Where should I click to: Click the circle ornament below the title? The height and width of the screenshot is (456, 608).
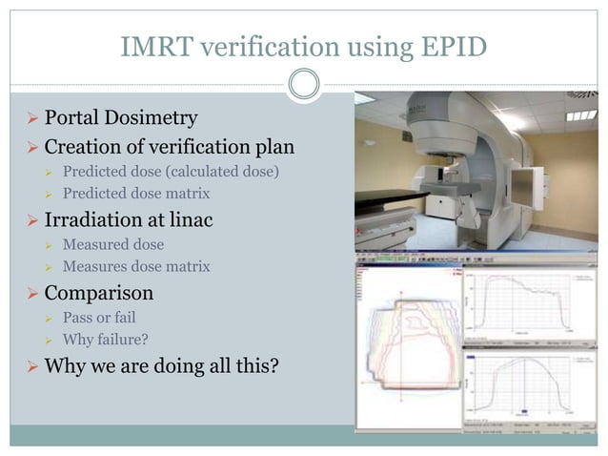pos(303,86)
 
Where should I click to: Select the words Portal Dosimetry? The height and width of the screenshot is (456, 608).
pos(121,118)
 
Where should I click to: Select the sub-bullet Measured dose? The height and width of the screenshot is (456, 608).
pos(112,245)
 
